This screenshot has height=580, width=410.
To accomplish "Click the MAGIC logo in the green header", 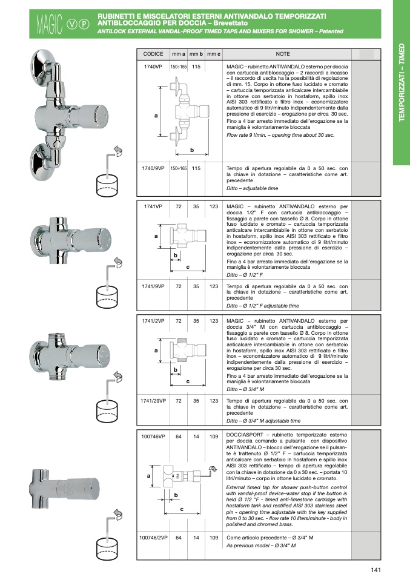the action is tap(50, 24).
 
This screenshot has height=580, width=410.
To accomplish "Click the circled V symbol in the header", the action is tap(72, 24).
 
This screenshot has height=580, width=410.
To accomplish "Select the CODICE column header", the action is tap(153, 54).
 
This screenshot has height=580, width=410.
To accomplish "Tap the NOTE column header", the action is tap(283, 54).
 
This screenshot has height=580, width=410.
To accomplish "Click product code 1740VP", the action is tap(153, 67).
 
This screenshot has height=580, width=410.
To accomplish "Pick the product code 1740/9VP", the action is tap(153, 168).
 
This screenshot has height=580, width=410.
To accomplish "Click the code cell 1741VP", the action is tap(153, 207).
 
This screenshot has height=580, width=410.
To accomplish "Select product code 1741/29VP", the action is tap(153, 401).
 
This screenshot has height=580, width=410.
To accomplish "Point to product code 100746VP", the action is tap(153, 437).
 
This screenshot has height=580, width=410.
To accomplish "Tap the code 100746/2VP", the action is tap(153, 538).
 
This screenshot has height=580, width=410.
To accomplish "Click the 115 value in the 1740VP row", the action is tap(196, 67).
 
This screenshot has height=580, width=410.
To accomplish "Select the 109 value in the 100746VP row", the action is tap(214, 437).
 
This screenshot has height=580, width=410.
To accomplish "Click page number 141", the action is tap(375, 570).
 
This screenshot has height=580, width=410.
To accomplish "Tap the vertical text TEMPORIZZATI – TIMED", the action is tap(402, 82).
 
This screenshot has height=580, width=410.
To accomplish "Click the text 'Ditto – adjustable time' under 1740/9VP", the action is tap(253, 188).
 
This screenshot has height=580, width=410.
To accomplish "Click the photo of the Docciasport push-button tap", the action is tap(64, 489).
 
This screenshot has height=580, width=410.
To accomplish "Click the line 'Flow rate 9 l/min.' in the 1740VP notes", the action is tap(280, 136).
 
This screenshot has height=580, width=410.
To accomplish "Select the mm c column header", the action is tap(214, 54).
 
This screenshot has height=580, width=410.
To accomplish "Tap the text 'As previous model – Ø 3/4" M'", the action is tap(261, 545).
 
